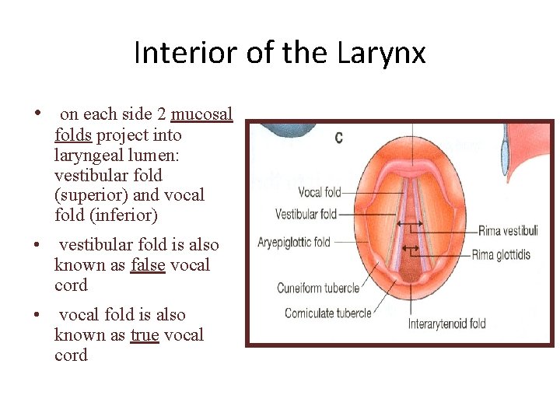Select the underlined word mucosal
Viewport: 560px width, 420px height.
pyautogui.click(x=201, y=114)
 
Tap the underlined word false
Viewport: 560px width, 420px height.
pyautogui.click(x=148, y=264)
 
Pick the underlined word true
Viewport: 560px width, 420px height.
pyautogui.click(x=145, y=334)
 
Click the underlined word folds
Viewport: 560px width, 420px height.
pyautogui.click(x=73, y=135)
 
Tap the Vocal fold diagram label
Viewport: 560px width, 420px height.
pyautogui.click(x=320, y=192)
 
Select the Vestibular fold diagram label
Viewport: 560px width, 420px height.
pyautogui.click(x=306, y=214)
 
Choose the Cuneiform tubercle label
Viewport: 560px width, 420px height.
pyautogui.click(x=318, y=289)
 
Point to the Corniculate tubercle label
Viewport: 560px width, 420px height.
pyautogui.click(x=327, y=313)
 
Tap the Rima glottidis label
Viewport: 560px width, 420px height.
pyautogui.click(x=512, y=255)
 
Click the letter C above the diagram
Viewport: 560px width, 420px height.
pyautogui.click(x=339, y=138)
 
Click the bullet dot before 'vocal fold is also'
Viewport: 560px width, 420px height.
pyautogui.click(x=37, y=314)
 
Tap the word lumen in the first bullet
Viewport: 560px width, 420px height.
pyautogui.click(x=161, y=155)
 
